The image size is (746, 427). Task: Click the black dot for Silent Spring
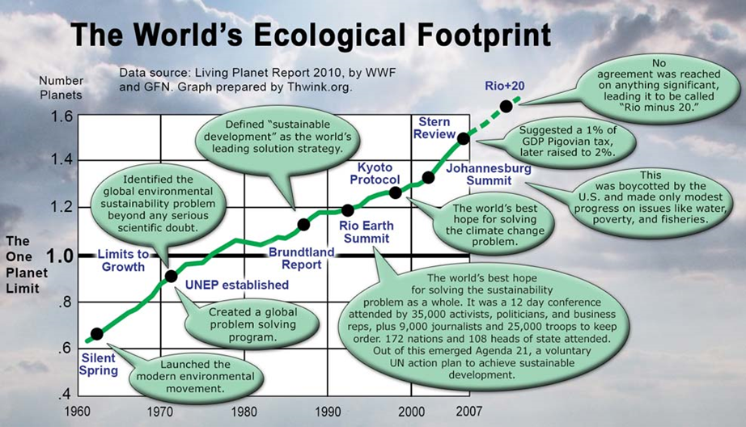click(96, 334)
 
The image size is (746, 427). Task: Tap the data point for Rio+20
click(507, 106)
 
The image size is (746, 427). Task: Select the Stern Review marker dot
click(463, 139)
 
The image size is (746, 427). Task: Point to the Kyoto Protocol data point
click(396, 192)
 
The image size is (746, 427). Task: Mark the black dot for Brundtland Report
click(303, 225)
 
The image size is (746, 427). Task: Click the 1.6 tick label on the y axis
click(61, 116)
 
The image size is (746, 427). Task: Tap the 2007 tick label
click(468, 411)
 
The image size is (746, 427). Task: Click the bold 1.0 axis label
click(61, 257)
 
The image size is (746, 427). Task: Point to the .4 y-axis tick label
click(64, 395)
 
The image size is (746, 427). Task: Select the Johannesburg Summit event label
click(489, 175)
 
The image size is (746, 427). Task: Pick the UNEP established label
click(237, 285)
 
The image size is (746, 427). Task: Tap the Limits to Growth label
click(123, 260)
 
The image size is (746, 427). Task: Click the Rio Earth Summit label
click(367, 232)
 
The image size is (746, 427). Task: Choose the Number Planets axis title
click(61, 88)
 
